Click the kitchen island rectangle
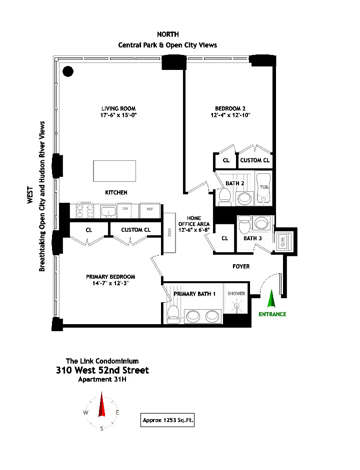tap(114, 171)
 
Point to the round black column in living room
tap(68, 71)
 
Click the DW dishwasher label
tap(125, 209)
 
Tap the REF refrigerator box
tap(149, 210)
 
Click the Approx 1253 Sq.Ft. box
tap(168, 421)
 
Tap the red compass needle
tap(102, 406)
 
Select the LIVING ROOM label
tap(118, 108)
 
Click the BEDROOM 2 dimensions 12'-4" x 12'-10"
tap(230, 115)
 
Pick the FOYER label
tap(241, 266)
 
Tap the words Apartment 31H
tap(102, 379)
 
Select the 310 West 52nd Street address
tap(102, 370)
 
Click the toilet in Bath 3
tap(244, 227)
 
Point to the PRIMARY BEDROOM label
tap(110, 277)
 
